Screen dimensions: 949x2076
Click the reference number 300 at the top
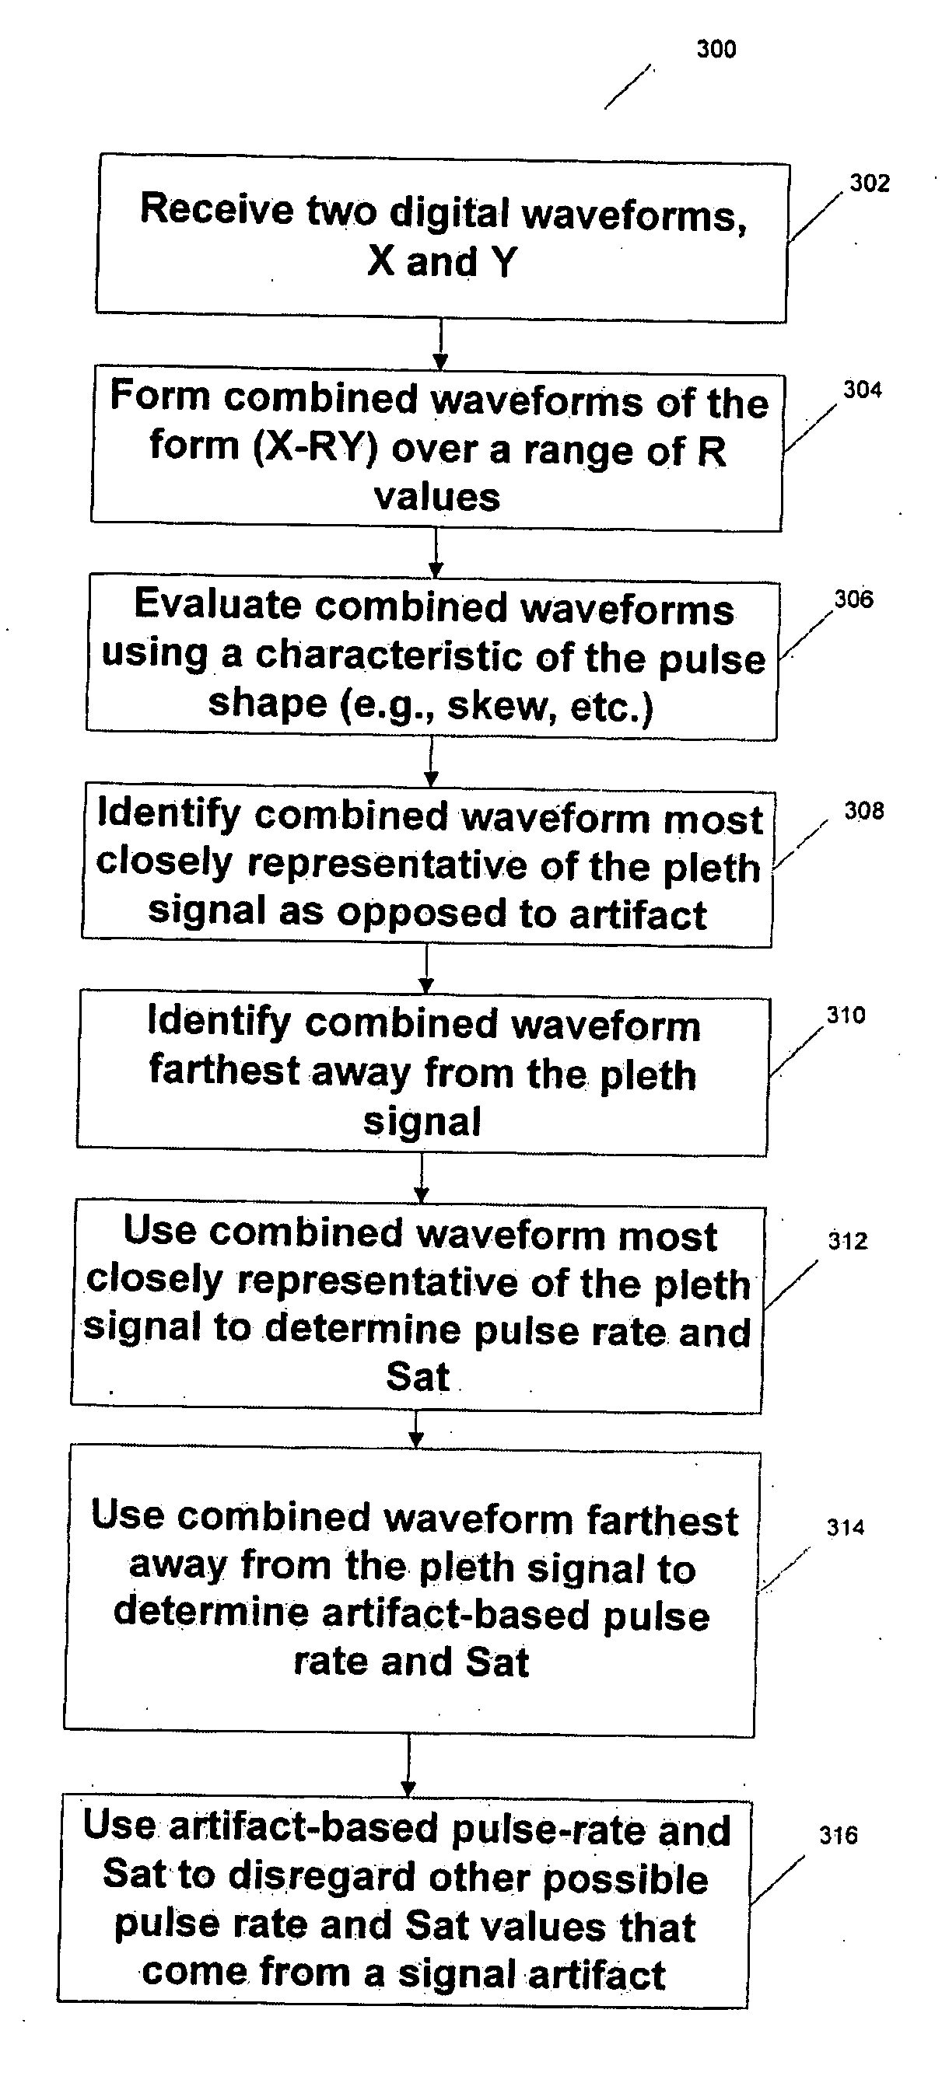click(716, 49)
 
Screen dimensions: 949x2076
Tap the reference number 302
click(869, 183)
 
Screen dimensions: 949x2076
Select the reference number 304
click(862, 390)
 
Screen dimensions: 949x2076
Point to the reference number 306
click(853, 599)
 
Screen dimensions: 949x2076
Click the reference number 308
click(863, 811)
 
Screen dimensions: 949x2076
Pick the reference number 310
click(846, 1015)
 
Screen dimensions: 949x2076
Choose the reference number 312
click(847, 1240)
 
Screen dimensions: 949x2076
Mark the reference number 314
click(845, 1526)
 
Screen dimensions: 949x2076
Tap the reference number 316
click(838, 1835)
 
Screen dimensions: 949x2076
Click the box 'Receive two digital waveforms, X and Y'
click(441, 238)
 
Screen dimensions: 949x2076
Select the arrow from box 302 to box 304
click(440, 344)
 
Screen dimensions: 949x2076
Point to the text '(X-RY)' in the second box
click(315, 447)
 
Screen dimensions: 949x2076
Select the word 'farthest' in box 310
click(224, 1071)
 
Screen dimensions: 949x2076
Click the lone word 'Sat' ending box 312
click(418, 1376)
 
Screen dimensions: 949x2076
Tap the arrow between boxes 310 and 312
click(422, 1176)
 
